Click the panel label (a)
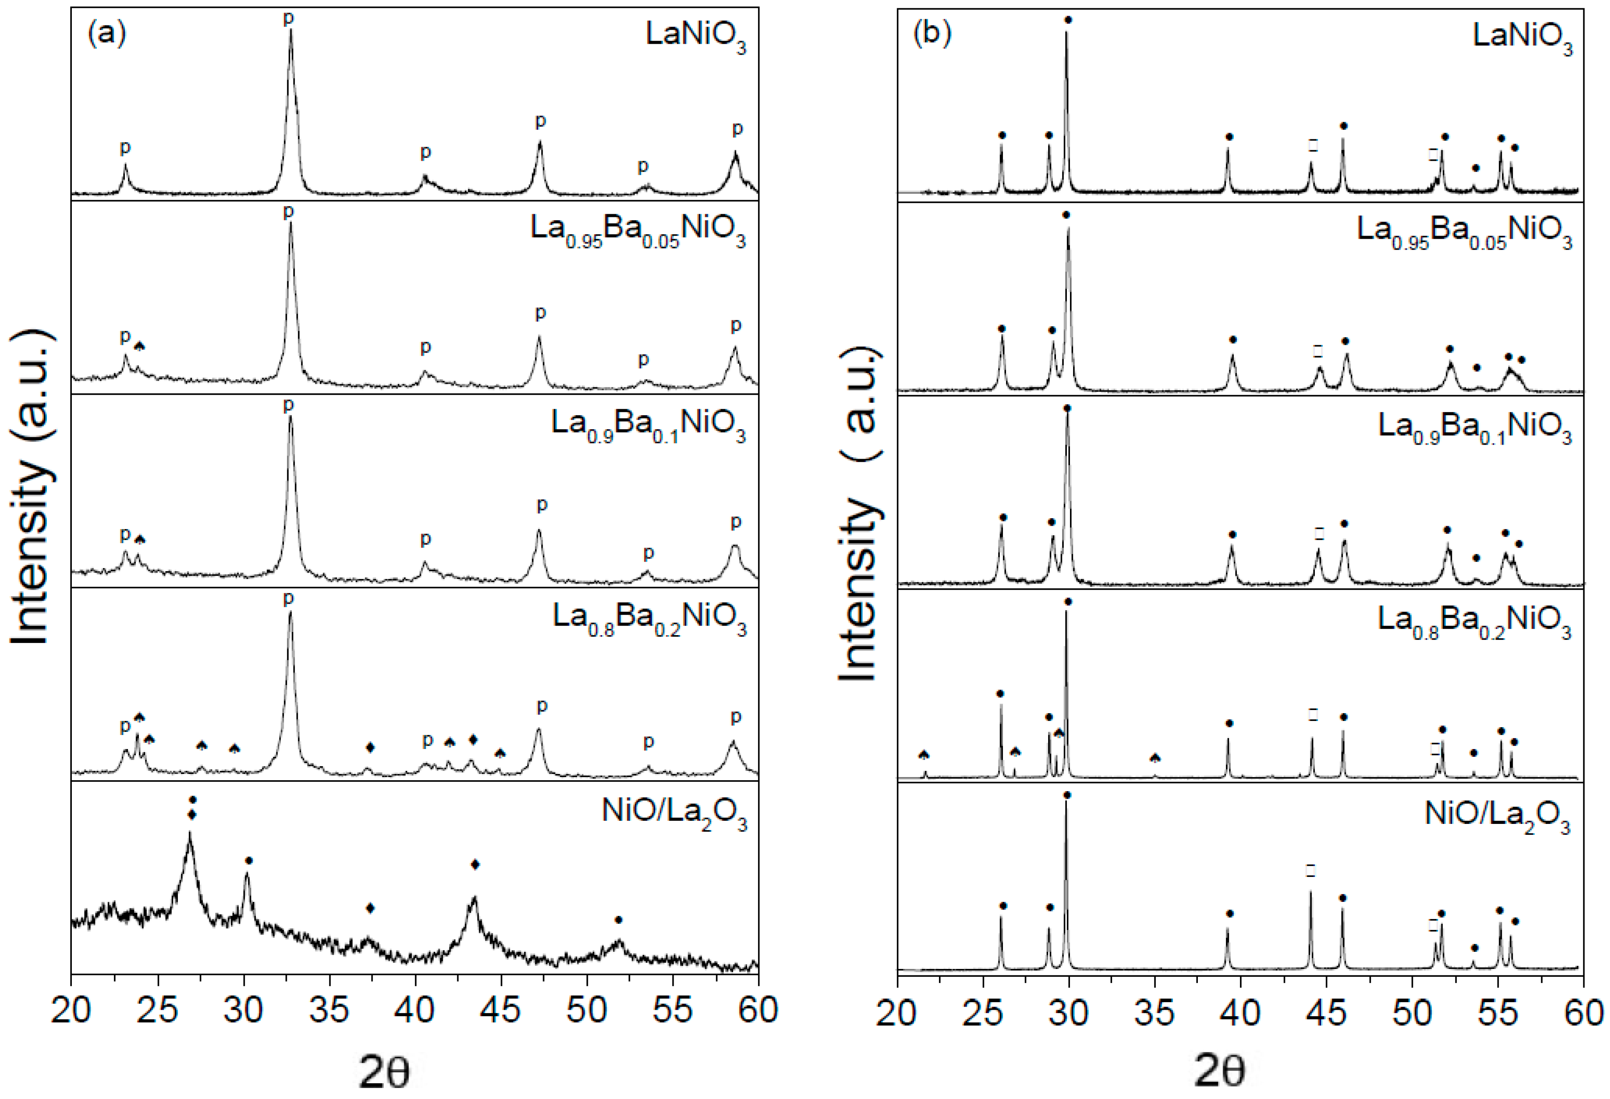tap(107, 35)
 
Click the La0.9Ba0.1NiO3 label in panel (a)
tap(649, 424)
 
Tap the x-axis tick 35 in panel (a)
tap(329, 1011)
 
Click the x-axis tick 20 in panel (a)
tap(71, 1011)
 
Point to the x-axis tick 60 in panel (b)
tap(1584, 1014)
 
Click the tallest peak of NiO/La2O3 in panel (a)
tap(190, 834)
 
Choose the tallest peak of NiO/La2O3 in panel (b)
tap(1066, 804)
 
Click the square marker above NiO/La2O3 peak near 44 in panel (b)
tap(1310, 870)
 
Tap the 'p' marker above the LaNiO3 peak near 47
tap(540, 122)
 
